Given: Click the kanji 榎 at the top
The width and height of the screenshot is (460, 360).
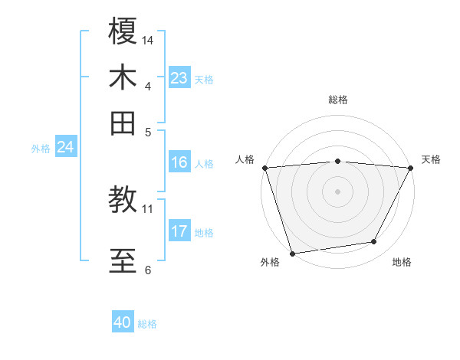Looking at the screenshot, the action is [x=123, y=32].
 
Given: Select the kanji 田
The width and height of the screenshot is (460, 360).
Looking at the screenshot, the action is [x=123, y=123].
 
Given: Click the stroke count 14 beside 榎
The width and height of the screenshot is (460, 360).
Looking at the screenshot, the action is [x=148, y=40].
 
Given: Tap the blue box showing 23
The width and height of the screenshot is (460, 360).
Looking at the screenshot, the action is [x=179, y=78].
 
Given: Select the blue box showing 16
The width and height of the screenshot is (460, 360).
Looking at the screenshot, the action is [x=179, y=162].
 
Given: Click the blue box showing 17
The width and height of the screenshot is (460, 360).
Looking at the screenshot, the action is [x=179, y=231].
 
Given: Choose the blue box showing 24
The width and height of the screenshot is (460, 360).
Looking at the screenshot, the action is [x=65, y=147].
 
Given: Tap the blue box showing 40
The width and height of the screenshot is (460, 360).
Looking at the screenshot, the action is [x=123, y=322].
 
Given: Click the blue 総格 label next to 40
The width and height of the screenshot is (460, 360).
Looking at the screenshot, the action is [x=147, y=324].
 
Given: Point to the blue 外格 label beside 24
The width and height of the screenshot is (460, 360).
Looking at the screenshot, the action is [x=40, y=149].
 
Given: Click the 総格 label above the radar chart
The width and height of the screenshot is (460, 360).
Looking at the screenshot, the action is [x=337, y=100].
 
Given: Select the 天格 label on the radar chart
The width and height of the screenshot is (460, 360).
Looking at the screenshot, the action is [x=431, y=159].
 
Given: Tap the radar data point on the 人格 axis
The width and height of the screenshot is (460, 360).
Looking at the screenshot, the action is [x=264, y=167].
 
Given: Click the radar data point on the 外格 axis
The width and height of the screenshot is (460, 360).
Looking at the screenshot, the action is [x=292, y=253].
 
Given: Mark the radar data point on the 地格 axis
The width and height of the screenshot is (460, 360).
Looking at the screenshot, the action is [x=374, y=242].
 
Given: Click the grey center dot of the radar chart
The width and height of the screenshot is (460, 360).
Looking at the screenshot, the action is [x=337, y=191].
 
